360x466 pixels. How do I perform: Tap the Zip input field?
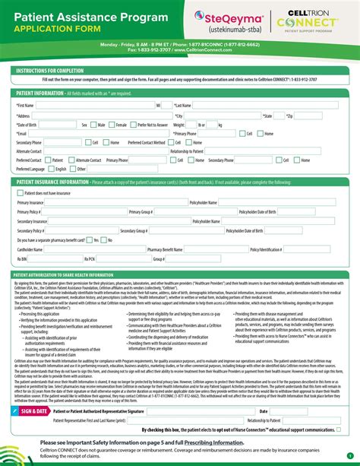(x=319, y=116)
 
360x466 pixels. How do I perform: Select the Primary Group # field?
(x=182, y=212)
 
